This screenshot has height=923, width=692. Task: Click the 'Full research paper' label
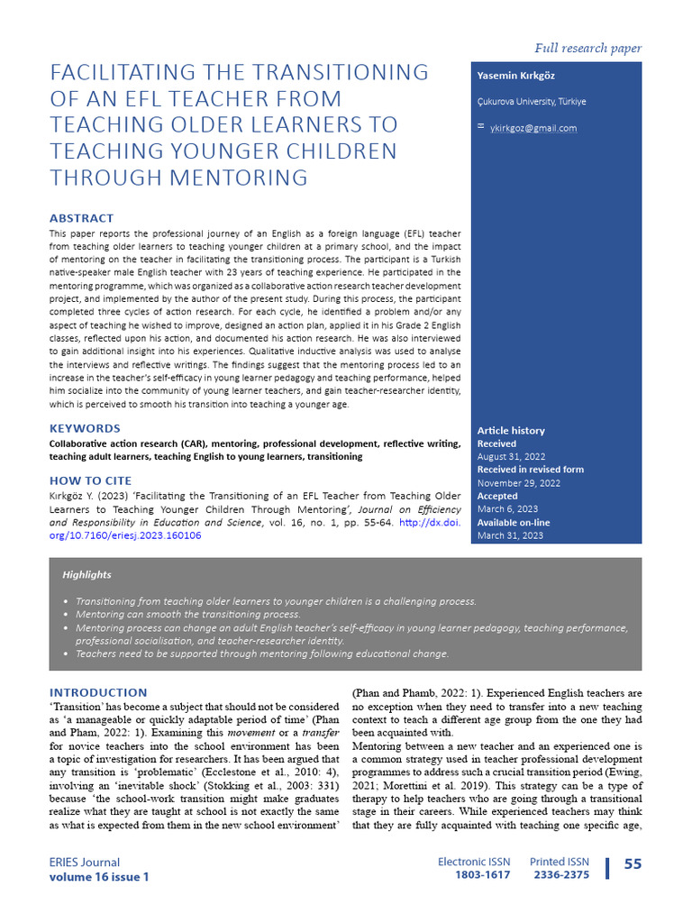click(x=587, y=48)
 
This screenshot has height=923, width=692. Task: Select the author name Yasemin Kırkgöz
click(x=515, y=76)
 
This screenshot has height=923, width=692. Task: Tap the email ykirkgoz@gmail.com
click(x=533, y=127)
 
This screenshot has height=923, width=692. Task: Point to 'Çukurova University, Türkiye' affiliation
click(x=532, y=101)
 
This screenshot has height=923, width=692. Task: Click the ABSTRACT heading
click(x=81, y=218)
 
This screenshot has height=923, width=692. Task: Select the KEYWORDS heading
click(x=85, y=428)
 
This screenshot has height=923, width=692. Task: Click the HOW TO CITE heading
click(x=90, y=480)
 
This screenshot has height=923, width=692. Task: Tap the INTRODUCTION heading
click(x=97, y=692)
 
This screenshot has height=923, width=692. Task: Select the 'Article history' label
click(x=511, y=431)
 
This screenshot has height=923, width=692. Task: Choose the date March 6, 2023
click(x=507, y=509)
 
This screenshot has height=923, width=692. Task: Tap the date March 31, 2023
click(x=510, y=535)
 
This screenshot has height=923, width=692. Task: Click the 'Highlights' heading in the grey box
click(x=86, y=574)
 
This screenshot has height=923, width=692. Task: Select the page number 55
click(x=633, y=864)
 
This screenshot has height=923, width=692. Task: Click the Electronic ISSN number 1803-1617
click(x=482, y=874)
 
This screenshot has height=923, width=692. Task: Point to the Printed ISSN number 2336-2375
click(x=562, y=874)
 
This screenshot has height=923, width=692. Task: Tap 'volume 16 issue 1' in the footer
click(x=99, y=876)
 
